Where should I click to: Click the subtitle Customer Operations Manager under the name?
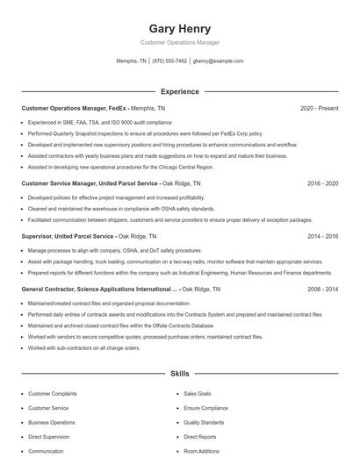click(179, 42)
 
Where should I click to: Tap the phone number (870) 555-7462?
click(169, 61)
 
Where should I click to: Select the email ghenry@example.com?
click(218, 61)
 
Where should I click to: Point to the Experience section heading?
click(179, 91)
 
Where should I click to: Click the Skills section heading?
click(179, 374)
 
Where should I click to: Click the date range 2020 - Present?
click(319, 108)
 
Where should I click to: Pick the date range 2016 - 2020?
click(322, 183)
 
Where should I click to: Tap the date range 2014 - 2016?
click(322, 236)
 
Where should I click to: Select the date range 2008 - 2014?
click(322, 289)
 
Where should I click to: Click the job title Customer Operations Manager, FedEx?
click(73, 108)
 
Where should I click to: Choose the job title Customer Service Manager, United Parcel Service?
click(90, 183)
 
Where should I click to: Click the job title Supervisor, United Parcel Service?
click(68, 236)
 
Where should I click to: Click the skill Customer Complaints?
click(53, 394)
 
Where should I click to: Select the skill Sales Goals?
click(198, 394)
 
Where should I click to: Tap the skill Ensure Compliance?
click(205, 408)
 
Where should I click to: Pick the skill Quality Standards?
click(205, 422)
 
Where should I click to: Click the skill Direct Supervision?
click(49, 436)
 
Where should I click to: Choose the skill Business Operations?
click(52, 422)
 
